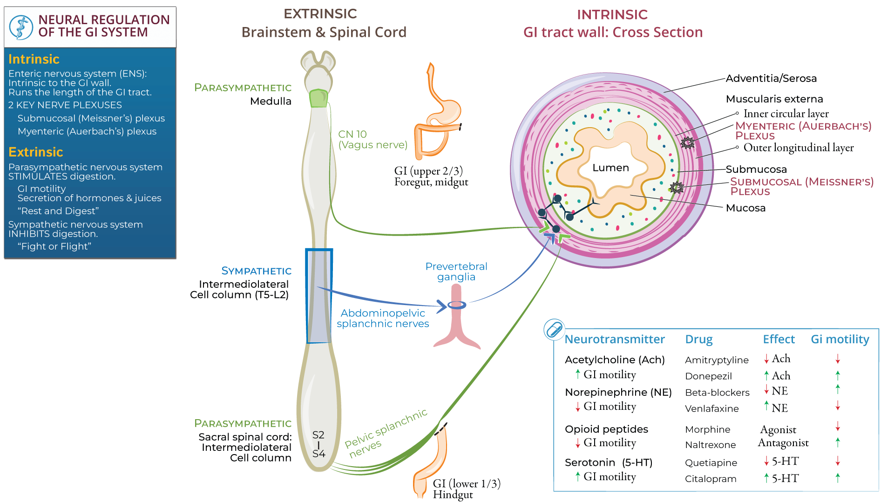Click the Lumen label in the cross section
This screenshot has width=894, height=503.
[x=610, y=168]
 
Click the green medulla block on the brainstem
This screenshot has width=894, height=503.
[x=318, y=98]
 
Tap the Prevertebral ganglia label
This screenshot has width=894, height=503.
[x=456, y=272]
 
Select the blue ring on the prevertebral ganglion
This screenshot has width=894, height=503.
[x=457, y=306]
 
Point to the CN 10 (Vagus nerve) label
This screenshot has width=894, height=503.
[x=372, y=140]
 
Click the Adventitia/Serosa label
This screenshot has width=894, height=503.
[x=771, y=78]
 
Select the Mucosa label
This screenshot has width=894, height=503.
[x=745, y=208]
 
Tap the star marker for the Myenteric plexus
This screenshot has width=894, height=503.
[x=688, y=143]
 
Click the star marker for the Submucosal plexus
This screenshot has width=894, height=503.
[x=677, y=188]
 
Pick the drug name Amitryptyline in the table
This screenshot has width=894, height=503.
[x=717, y=360]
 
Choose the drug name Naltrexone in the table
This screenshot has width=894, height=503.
[x=710, y=445]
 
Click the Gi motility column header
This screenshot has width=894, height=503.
[x=840, y=340]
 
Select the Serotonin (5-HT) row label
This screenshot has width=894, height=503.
[x=608, y=462]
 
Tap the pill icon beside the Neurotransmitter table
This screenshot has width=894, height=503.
[x=554, y=330]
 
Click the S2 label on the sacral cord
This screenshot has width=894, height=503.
[x=318, y=435]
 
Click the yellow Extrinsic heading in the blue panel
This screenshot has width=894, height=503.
[x=35, y=152]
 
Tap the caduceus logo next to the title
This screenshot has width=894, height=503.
[x=21, y=27]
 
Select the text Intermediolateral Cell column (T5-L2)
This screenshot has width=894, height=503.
[x=240, y=289]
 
